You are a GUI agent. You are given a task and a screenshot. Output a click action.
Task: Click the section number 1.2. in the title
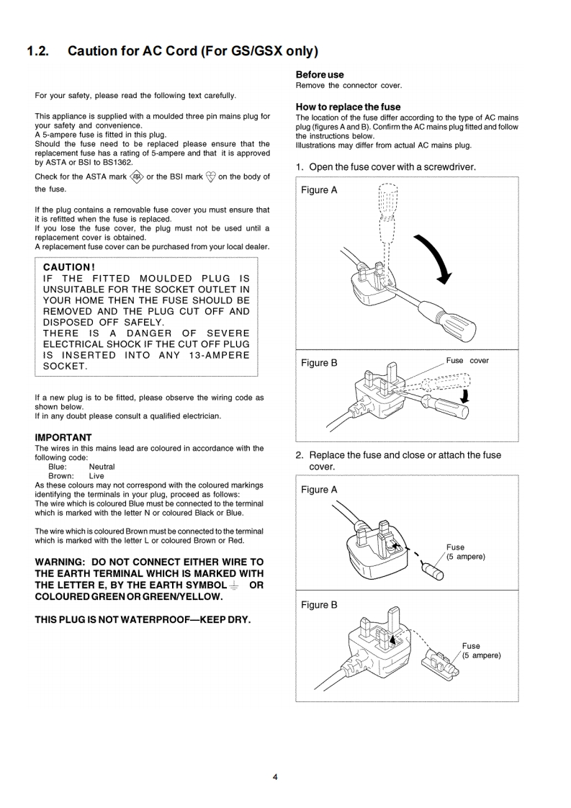(x=37, y=51)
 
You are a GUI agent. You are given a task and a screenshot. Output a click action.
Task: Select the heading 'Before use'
(x=320, y=75)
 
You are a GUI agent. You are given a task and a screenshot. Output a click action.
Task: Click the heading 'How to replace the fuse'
(x=348, y=107)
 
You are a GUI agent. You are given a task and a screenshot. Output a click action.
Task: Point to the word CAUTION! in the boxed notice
(x=69, y=267)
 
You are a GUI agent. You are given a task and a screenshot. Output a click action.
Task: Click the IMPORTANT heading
(x=63, y=437)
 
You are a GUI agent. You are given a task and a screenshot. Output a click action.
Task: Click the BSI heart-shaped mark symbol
(x=211, y=176)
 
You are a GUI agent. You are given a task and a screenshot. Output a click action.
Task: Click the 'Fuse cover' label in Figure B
(x=467, y=361)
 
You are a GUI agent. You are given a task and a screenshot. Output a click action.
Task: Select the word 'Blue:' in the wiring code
(x=58, y=467)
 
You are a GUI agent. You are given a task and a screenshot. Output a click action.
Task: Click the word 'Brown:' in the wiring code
(x=60, y=476)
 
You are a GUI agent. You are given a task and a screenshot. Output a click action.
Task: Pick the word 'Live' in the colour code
(x=96, y=476)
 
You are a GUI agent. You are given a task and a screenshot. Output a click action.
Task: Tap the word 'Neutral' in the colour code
(x=102, y=467)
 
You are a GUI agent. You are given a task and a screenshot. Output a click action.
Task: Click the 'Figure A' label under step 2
(x=319, y=490)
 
